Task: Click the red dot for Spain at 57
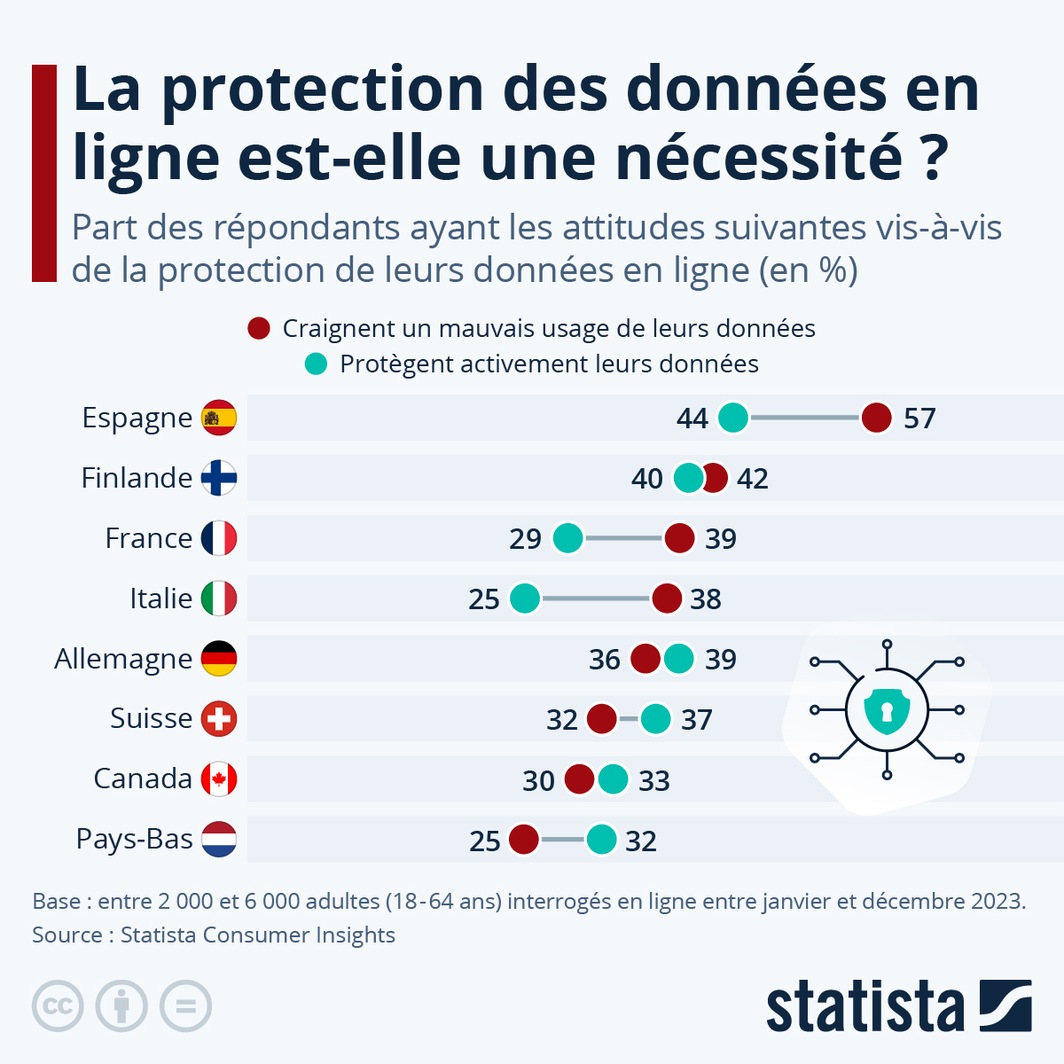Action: pos(876,418)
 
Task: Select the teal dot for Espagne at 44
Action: pos(733,418)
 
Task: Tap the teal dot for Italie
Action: pos(525,598)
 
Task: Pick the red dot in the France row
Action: pos(679,538)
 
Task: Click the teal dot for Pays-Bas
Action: pos(601,840)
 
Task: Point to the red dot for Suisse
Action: pos(602,719)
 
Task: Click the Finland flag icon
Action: pos(219,478)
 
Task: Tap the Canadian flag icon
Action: pos(219,779)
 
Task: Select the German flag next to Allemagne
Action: pos(219,659)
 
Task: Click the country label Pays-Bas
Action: pos(134,839)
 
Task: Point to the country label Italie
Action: pos(160,598)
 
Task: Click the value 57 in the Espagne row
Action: pos(919,419)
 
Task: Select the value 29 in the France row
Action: pos(525,539)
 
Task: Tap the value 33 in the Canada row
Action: pos(654,781)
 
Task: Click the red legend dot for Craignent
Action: pos(259,328)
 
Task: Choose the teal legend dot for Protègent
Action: pos(316,364)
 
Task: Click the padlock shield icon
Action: pos(887,709)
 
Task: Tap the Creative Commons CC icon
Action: pos(58,1006)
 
